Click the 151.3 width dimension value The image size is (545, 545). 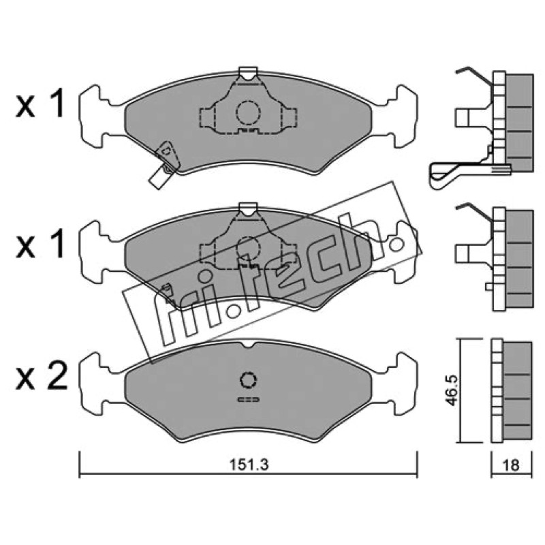(249, 465)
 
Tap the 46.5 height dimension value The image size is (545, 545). (451, 390)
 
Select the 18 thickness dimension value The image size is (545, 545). (510, 465)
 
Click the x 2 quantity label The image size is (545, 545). (41, 375)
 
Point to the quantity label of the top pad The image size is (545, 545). (40, 103)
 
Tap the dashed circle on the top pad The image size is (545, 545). (248, 112)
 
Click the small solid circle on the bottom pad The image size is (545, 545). (248, 379)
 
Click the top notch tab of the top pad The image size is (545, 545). (248, 72)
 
